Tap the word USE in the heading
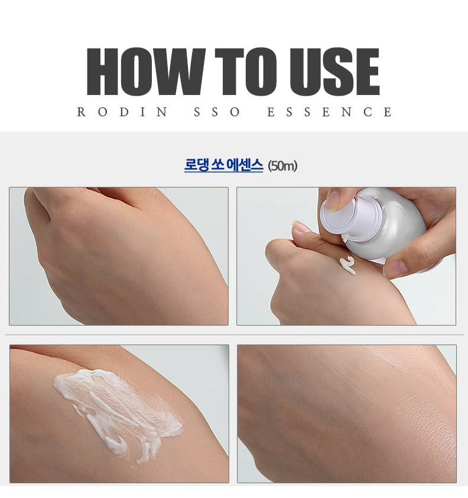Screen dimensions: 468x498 coord(334,71)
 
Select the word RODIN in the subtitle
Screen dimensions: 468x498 coord(122,112)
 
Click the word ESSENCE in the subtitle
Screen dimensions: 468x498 coord(330,112)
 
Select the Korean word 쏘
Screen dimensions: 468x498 coord(217,165)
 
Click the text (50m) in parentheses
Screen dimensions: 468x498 coord(282,166)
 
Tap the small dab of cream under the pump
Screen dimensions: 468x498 coord(347,265)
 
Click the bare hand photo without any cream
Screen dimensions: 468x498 coord(119,256)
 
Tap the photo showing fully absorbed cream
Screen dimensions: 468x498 coord(347,414)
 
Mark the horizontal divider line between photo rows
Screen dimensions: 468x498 coord(234,335)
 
